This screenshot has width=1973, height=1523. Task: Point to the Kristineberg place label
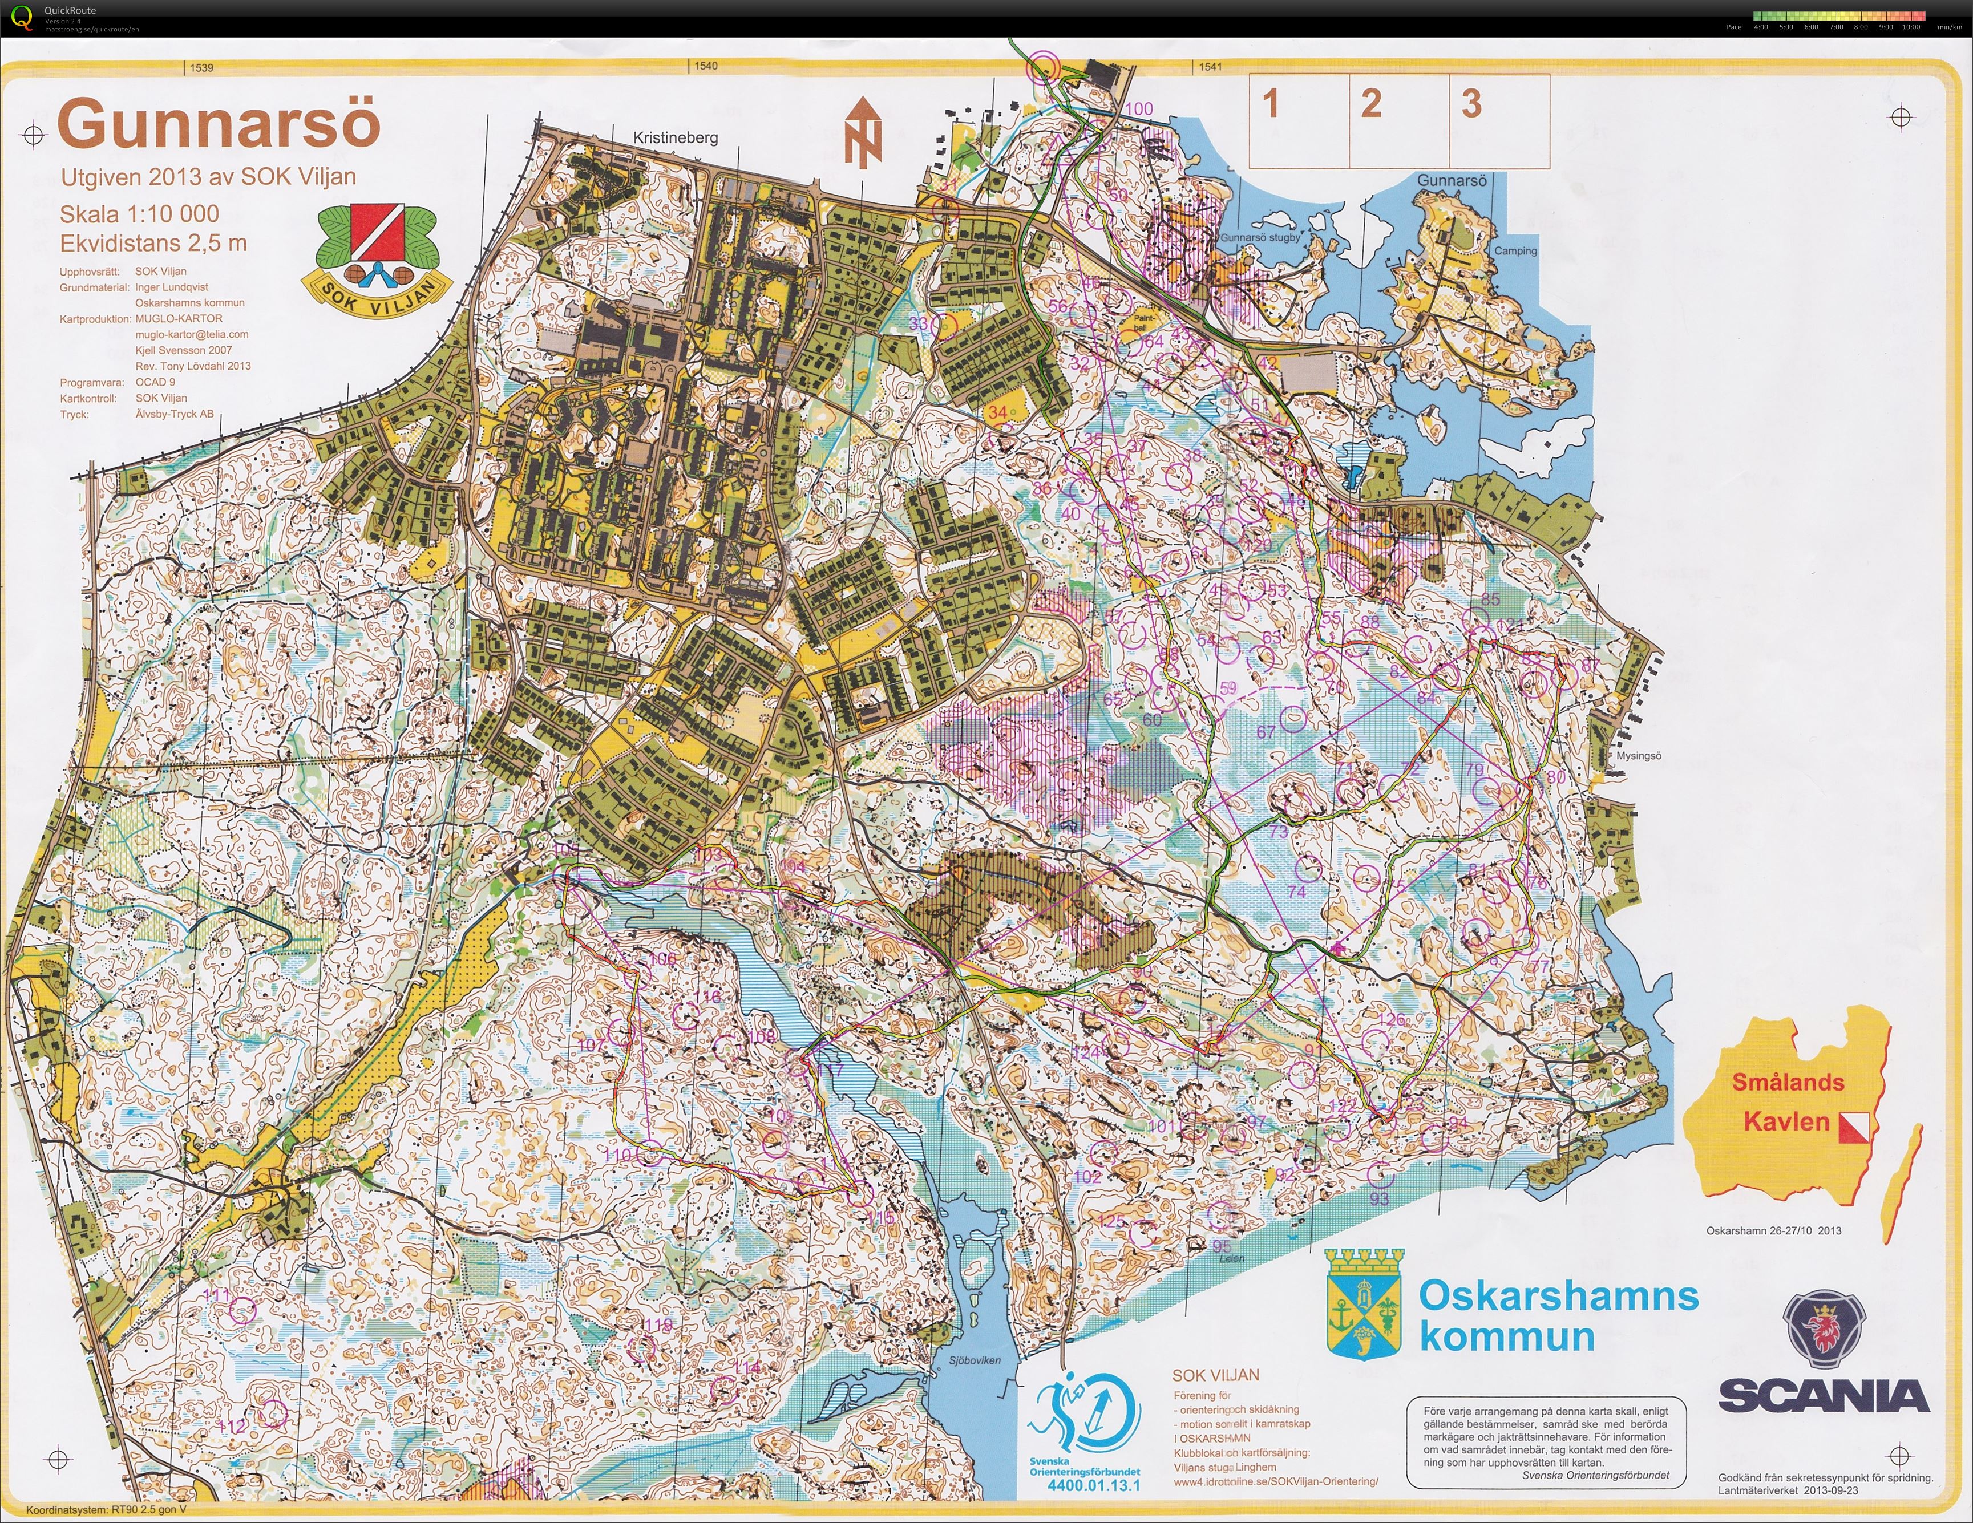coord(675,137)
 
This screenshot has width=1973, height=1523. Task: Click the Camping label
coord(1515,251)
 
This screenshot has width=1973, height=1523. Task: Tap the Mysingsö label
coord(1638,756)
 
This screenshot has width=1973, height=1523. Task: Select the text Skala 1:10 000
coord(139,214)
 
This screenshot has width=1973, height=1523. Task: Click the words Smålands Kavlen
coord(1787,1102)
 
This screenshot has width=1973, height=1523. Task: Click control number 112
coord(233,1427)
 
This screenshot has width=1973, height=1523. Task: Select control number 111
coord(217,1295)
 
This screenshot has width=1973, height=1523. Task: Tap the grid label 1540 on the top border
coord(706,66)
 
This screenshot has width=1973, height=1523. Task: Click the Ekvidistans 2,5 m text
coord(153,243)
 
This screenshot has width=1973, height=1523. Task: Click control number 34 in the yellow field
coord(996,412)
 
